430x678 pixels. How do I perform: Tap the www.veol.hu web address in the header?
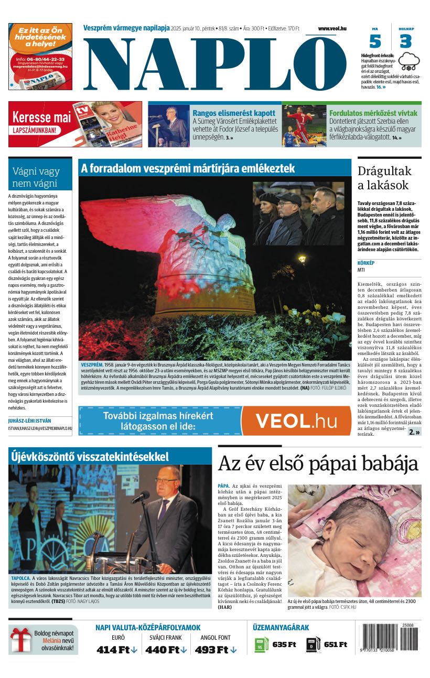pyautogui.click(x=332, y=28)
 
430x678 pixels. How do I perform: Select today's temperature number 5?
pyautogui.click(x=375, y=41)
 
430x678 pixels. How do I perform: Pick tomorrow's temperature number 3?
pyautogui.click(x=405, y=41)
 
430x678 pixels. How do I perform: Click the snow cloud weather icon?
pyautogui.click(x=409, y=61)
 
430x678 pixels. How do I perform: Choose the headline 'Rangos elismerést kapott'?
pyautogui.click(x=234, y=113)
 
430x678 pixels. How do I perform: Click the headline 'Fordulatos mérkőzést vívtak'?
pyautogui.click(x=373, y=113)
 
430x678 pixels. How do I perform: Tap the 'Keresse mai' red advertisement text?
pyautogui.click(x=41, y=117)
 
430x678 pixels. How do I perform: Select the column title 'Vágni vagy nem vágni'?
pyautogui.click(x=36, y=177)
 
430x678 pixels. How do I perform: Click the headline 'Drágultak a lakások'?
pyautogui.click(x=384, y=177)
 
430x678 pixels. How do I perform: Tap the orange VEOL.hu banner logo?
pyautogui.click(x=296, y=421)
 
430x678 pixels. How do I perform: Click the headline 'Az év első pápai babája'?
pyautogui.click(x=318, y=464)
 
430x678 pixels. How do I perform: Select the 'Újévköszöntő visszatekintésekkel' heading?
pyautogui.click(x=90, y=456)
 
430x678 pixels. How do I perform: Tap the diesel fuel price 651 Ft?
pyautogui.click(x=335, y=644)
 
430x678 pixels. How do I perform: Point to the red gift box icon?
pyautogui.click(x=21, y=640)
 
